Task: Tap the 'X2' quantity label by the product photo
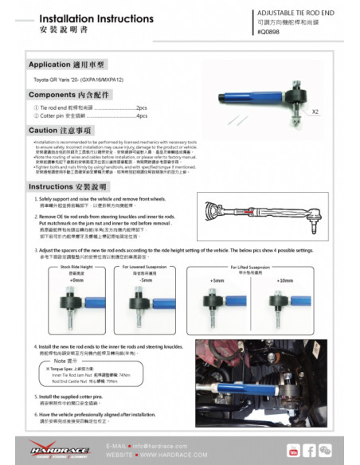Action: pos(316,112)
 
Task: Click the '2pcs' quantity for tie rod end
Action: pos(142,106)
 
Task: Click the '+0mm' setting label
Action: pos(76,281)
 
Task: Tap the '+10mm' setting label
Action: pos(284,281)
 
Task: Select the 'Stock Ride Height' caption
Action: pos(77,268)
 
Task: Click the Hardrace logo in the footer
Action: pos(64,450)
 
